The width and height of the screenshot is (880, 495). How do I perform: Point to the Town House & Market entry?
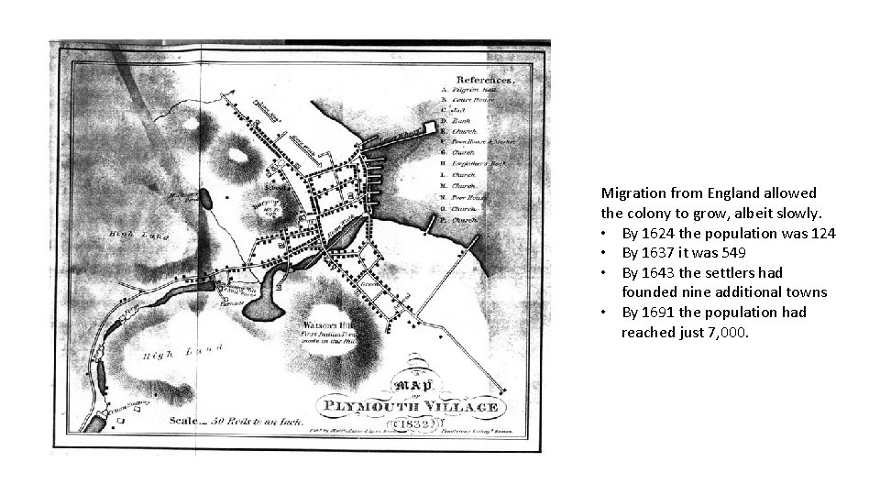485,143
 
